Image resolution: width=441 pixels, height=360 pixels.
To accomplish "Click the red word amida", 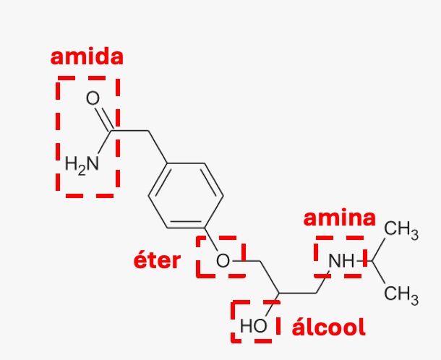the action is pos(87,57).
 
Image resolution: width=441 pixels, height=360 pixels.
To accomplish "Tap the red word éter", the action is pos(157,260).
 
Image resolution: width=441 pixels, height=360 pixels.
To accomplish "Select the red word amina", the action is pos(340,218).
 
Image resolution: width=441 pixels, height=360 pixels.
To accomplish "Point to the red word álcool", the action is pos(328,326).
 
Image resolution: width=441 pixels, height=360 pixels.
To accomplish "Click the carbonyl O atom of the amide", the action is pos(93,98).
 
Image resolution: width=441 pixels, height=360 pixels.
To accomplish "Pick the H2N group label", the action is pos(82,165).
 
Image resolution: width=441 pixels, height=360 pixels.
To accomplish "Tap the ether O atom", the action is pos(223,260).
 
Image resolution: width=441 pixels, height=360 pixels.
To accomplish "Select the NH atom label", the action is pos(341,261).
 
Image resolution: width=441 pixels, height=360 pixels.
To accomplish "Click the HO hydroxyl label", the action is pos(253,326).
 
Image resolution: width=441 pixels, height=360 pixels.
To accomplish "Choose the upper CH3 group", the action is pos(401,229).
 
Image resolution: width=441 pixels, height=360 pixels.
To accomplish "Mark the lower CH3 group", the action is pos(401,295).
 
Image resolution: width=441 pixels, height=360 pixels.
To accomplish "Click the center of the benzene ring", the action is pos(186,195).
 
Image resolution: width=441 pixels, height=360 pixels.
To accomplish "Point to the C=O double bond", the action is pos(103,118).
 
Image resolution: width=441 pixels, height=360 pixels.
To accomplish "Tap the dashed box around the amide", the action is pos(58,137).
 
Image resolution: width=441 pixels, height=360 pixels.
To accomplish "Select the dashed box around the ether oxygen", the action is pos(198,257).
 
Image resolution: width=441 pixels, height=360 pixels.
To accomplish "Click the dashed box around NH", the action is pos(316,257).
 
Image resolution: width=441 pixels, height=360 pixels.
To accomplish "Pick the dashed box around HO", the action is pos(233,321).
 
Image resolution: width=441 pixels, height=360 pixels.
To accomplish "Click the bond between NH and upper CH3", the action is pos(379,249).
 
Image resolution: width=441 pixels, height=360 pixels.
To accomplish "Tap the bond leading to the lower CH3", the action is pos(379,273).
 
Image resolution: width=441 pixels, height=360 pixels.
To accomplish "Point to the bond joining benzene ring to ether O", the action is pos(211,239).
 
